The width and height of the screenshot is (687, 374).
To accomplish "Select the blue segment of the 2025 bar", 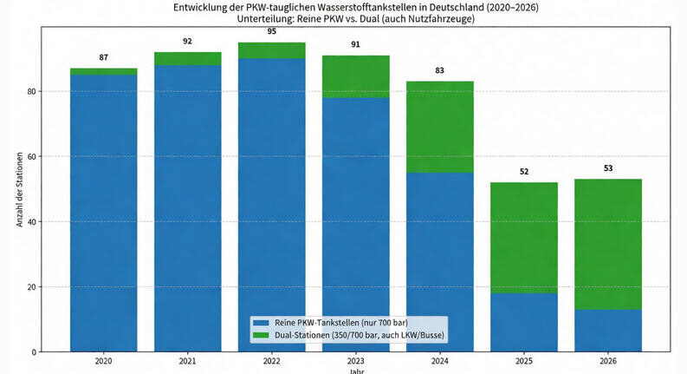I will pyautogui.click(x=524, y=322).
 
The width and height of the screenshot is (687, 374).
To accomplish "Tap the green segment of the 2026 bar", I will pyautogui.click(x=608, y=244).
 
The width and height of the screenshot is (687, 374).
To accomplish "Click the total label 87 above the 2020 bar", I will pyautogui.click(x=104, y=56).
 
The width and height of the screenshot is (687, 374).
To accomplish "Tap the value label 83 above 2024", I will pyautogui.click(x=440, y=69).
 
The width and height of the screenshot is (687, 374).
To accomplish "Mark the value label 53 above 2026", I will pyautogui.click(x=608, y=167).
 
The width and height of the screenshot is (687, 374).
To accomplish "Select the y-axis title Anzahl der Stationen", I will pyautogui.click(x=19, y=186).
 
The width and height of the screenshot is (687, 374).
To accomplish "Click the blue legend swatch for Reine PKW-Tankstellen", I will pyautogui.click(x=260, y=322).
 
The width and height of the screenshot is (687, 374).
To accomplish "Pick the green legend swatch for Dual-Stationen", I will pyautogui.click(x=260, y=335).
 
